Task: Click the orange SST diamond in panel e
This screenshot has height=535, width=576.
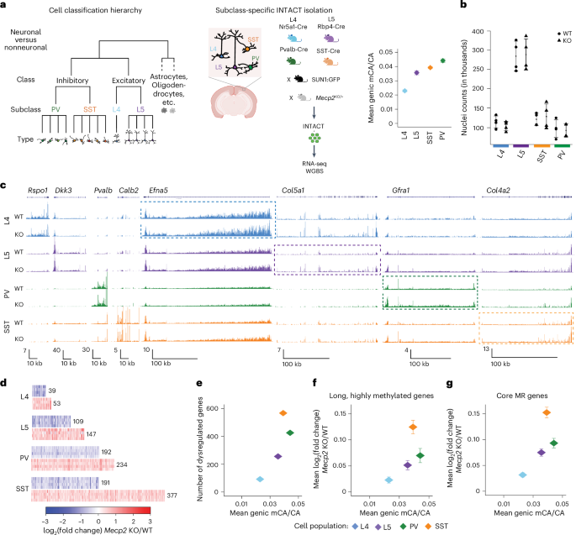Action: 283,413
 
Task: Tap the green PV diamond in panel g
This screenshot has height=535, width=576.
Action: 553,443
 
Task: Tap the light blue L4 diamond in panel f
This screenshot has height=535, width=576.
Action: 388,480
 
